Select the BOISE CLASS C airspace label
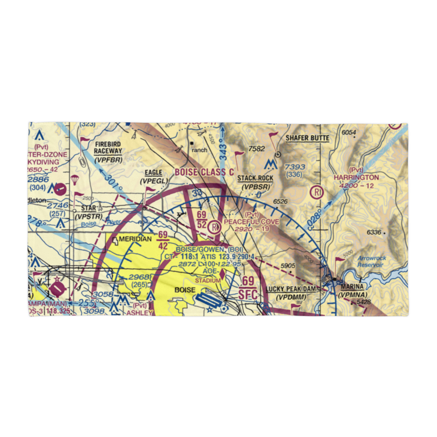tap(204, 172)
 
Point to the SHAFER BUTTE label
tap(307, 138)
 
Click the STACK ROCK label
tap(255, 178)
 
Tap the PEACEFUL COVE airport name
tap(251, 222)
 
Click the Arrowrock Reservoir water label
tap(371, 261)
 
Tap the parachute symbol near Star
tap(75, 179)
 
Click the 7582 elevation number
tap(257, 149)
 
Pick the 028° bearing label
tap(316, 217)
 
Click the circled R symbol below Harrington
tap(316, 192)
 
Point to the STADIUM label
tap(208, 280)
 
